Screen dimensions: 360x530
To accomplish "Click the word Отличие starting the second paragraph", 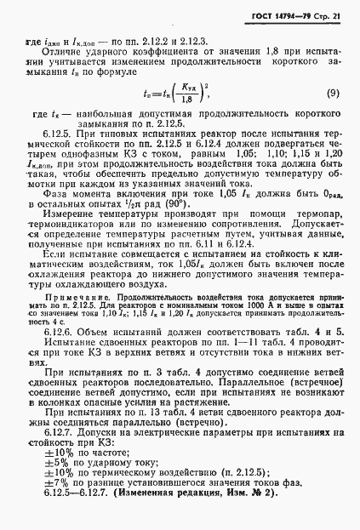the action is point(63,52).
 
